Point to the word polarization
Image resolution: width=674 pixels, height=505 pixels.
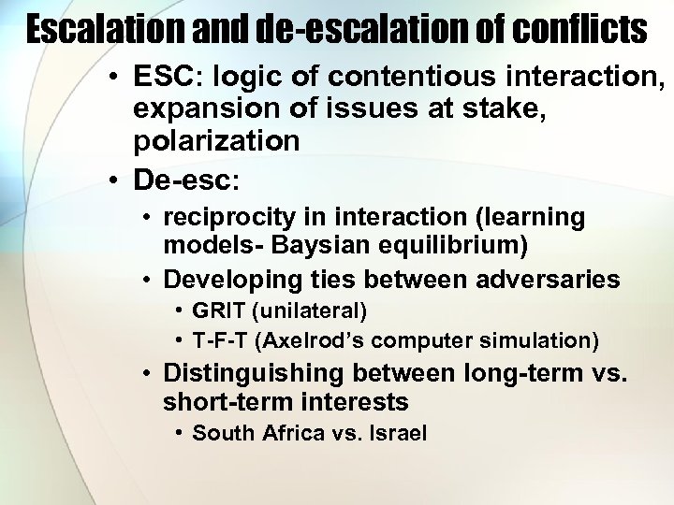pyautogui.click(x=216, y=141)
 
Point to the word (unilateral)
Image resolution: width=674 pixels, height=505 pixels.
pyautogui.click(x=306, y=310)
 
